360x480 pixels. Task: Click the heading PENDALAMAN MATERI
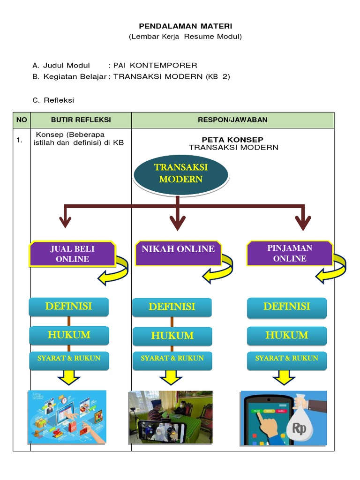tap(186, 26)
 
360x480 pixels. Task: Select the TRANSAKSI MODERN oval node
tap(181, 173)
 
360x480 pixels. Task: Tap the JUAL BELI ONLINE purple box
tap(72, 254)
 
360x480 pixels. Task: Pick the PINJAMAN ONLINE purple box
tap(290, 253)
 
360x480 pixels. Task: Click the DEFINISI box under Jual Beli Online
tap(68, 307)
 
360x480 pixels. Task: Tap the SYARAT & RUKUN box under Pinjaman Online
tap(286, 358)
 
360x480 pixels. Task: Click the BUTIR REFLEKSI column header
tap(81, 120)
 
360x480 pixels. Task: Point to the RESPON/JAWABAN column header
tap(232, 120)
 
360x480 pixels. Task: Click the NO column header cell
tap(22, 120)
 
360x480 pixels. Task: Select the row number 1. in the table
tap(20, 140)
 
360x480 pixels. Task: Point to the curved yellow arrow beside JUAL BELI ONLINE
tap(114, 271)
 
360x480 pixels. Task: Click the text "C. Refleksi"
tap(53, 100)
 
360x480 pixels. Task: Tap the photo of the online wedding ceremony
tap(170, 417)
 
